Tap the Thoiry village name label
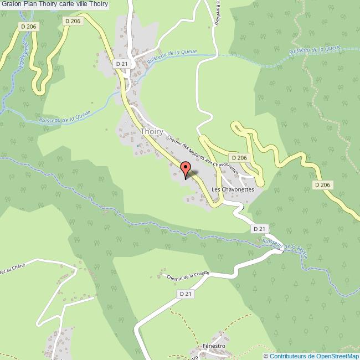coord(152,131)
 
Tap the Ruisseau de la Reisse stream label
coord(285,244)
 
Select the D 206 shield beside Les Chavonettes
coord(239,158)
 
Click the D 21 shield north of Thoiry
coord(122,64)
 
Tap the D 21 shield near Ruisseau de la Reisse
coord(259,228)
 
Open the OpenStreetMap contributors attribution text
coord(311,356)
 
